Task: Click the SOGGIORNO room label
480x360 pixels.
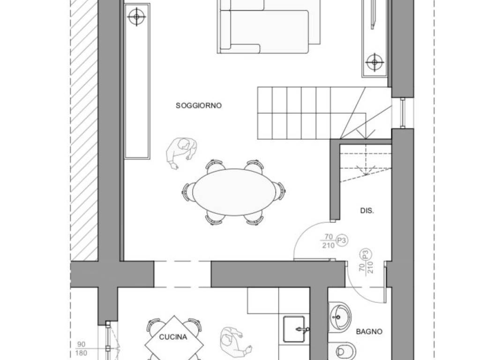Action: [x=198, y=105]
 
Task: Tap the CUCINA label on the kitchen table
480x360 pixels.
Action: [x=173, y=337]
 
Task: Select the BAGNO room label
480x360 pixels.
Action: [x=369, y=331]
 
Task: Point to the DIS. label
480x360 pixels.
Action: [x=367, y=210]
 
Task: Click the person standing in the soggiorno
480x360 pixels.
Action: [x=181, y=152]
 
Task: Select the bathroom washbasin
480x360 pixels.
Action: [x=339, y=317]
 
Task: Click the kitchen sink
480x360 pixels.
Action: [x=294, y=329]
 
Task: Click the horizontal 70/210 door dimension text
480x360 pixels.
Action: [x=328, y=241]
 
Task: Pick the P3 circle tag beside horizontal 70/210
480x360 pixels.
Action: [x=342, y=241]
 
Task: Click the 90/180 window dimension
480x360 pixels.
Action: [x=81, y=349]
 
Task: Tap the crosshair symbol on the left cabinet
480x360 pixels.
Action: [x=136, y=16]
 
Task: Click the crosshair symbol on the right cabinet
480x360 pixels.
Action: [x=375, y=62]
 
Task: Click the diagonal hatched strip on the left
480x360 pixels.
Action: [x=84, y=130]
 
